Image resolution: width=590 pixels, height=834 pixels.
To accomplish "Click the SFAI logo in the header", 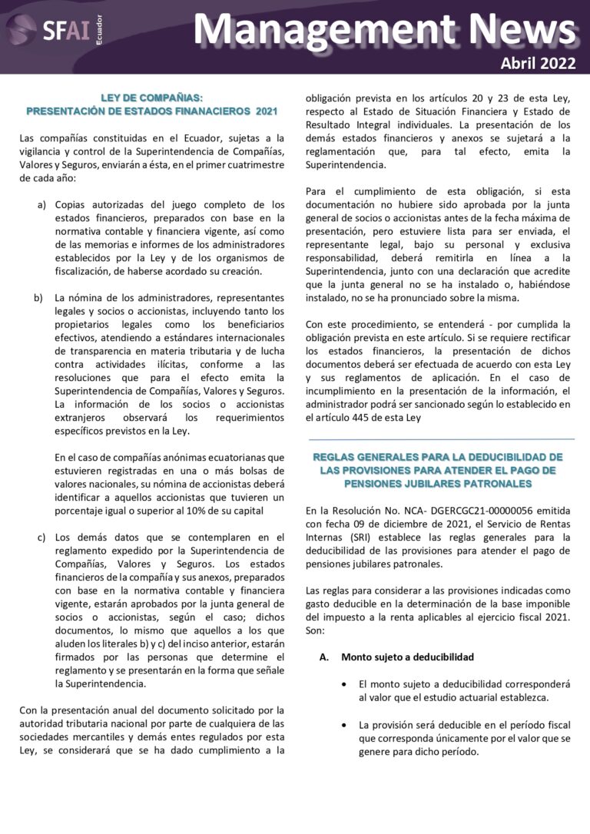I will [54, 31].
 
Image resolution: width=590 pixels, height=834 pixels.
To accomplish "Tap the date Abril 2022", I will [538, 64].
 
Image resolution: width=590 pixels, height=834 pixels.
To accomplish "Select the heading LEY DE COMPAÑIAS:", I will [151, 98].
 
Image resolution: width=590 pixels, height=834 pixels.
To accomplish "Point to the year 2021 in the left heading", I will [267, 111].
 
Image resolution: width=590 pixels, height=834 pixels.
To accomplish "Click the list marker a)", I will [41, 205].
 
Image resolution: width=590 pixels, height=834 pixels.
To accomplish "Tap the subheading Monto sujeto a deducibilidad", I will [407, 657].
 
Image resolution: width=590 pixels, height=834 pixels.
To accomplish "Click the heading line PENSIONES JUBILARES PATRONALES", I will [439, 485].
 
